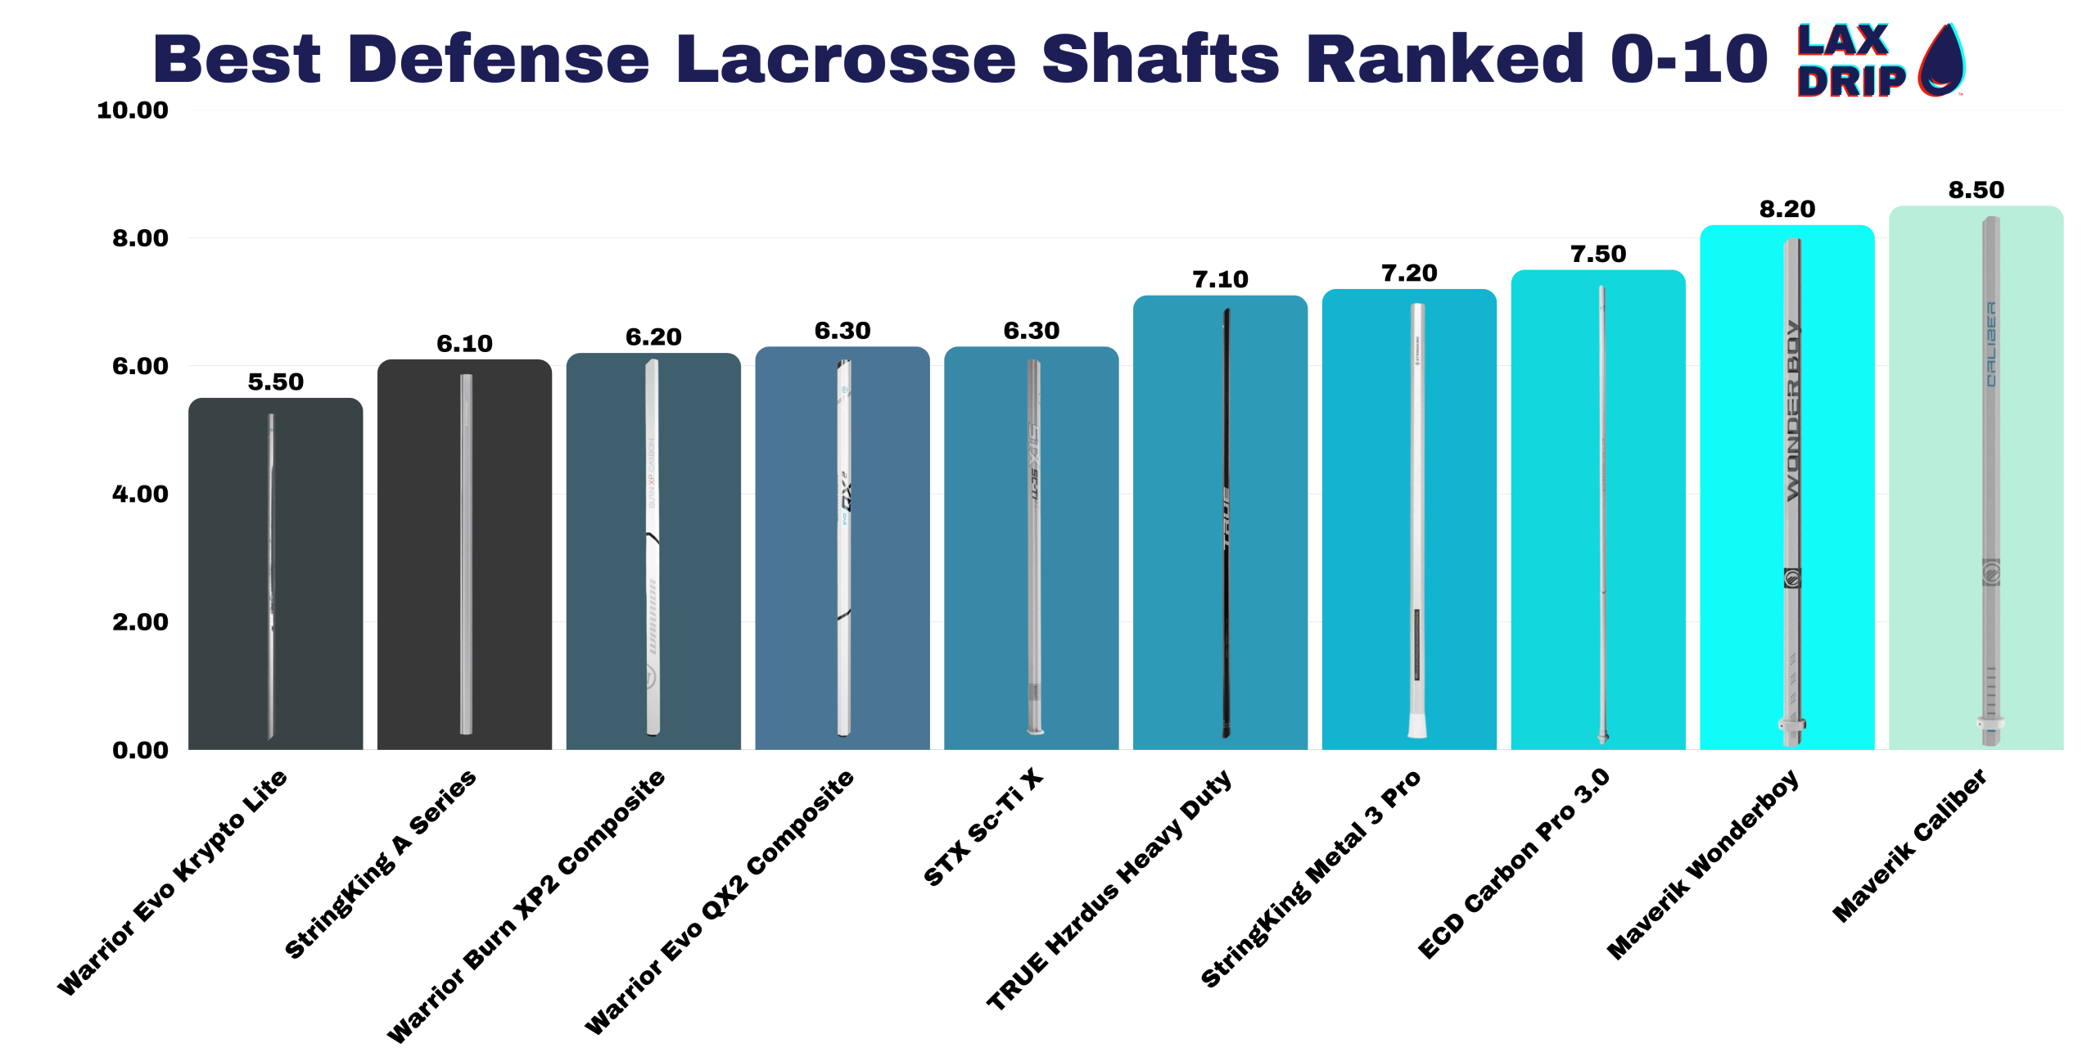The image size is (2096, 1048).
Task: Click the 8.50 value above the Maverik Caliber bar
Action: pyautogui.click(x=1976, y=190)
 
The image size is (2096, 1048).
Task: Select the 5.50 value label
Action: pyautogui.click(x=275, y=382)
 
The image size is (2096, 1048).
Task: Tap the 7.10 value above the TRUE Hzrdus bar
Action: pyautogui.click(x=1220, y=279)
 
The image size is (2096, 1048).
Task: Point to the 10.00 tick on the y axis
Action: pyautogui.click(x=133, y=110)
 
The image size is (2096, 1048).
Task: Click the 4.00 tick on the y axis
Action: pyautogui.click(x=140, y=494)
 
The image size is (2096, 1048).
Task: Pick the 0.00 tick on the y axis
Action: pyautogui.click(x=140, y=750)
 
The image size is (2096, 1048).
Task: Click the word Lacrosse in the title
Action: pyautogui.click(x=846, y=59)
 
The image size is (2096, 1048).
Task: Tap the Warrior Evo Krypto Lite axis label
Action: pyautogui.click(x=172, y=883)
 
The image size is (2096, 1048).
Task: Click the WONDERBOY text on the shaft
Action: pyautogui.click(x=1793, y=409)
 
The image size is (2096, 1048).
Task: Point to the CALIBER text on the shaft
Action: pyautogui.click(x=1991, y=344)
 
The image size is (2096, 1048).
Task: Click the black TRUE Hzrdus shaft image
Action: pyautogui.click(x=1226, y=524)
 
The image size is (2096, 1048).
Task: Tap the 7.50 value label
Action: pyautogui.click(x=1597, y=254)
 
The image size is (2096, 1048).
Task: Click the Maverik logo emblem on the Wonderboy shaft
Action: pyautogui.click(x=1792, y=578)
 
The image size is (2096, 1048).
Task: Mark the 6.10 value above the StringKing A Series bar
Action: pyautogui.click(x=464, y=343)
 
